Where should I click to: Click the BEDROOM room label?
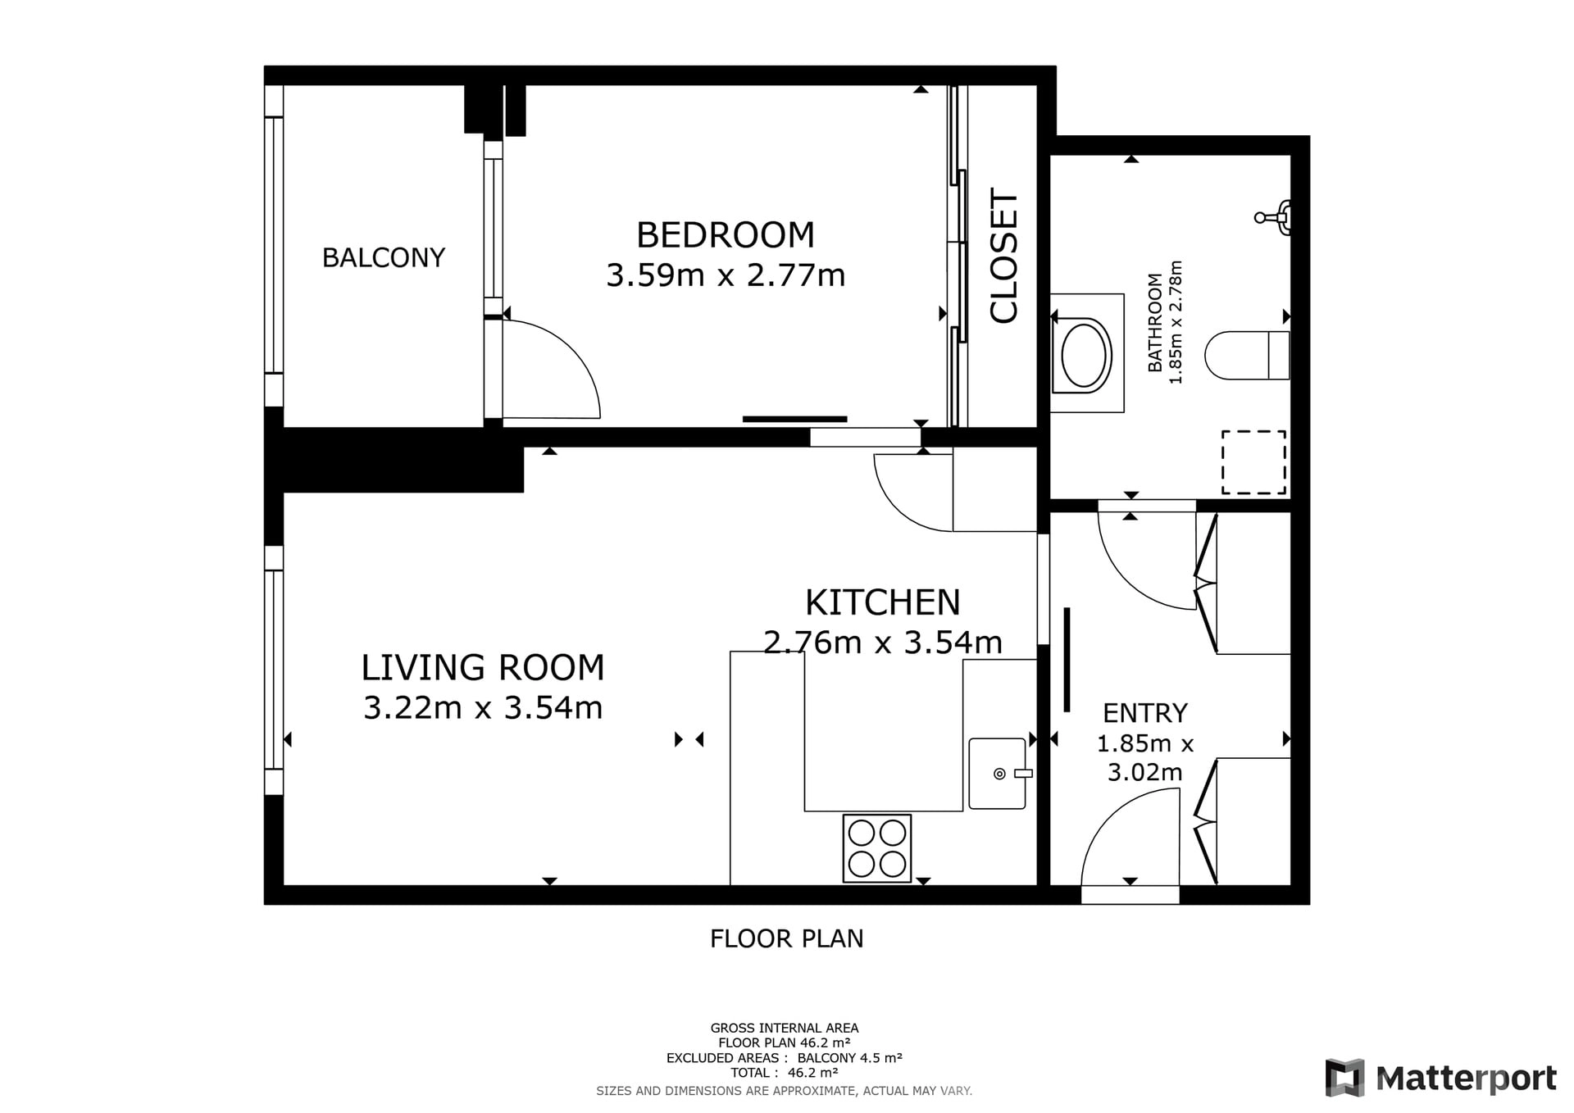coord(726,235)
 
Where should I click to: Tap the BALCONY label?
coord(384,258)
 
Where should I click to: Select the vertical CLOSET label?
coord(1003,256)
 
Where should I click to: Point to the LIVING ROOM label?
coord(483,668)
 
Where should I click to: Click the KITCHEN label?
coord(883,603)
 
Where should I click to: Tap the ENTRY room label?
coord(1144,713)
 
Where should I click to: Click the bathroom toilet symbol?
coord(1247,355)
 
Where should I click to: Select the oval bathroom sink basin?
coord(1086,355)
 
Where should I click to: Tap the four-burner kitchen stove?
coord(877,848)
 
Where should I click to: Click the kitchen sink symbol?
coord(999,774)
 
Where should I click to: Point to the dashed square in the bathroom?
coord(1253,462)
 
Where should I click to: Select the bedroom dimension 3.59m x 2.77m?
coord(726,275)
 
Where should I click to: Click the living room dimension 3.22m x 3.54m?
coord(483,707)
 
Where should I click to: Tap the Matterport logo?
coord(1441,1078)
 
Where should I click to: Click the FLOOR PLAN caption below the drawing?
coord(787,938)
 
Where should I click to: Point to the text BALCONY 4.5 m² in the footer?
coord(849,1058)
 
